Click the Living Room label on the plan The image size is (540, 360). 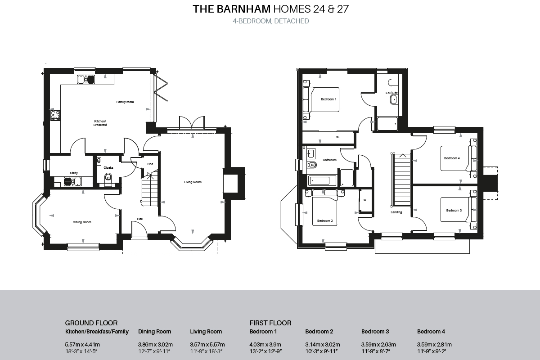coord(192,182)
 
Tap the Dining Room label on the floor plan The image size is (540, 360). coord(82,222)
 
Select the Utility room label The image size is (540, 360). coord(74,173)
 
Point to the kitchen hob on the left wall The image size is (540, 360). coord(55,116)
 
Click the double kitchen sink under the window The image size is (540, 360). coord(86,80)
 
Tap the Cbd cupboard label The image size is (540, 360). coord(150,164)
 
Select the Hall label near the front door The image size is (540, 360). coord(140,220)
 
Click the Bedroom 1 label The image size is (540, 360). coord(328,99)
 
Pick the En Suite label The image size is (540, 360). coord(391,93)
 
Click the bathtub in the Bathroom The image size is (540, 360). coord(322,180)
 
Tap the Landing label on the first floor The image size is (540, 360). coord(396,212)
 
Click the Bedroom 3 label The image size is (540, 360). coord(454,210)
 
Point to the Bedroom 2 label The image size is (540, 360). coord(324,221)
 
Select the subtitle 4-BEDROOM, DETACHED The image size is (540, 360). coord(270,21)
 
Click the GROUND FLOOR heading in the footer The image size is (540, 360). coord(91,323)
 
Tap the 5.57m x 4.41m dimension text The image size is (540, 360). coord(82,344)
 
